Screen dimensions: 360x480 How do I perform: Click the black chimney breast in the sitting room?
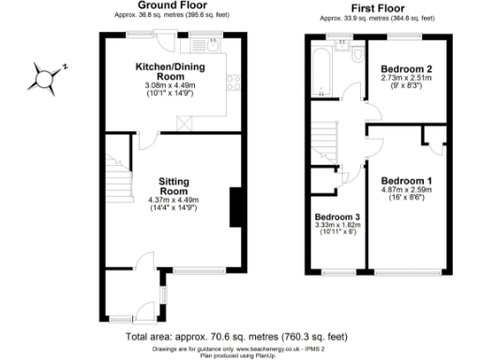[x=234, y=206]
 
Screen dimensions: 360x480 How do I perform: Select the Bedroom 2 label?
[x=405, y=68]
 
